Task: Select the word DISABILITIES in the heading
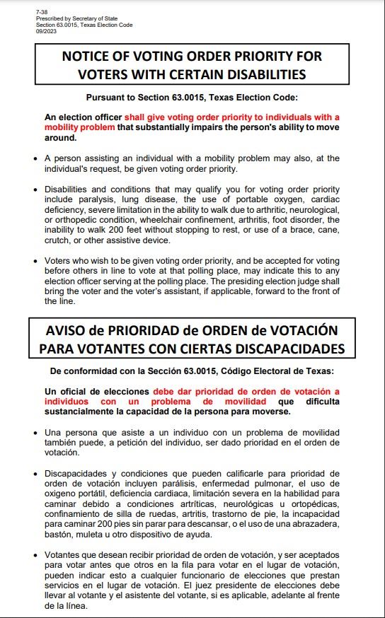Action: (x=263, y=74)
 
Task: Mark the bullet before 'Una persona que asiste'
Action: (x=35, y=433)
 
